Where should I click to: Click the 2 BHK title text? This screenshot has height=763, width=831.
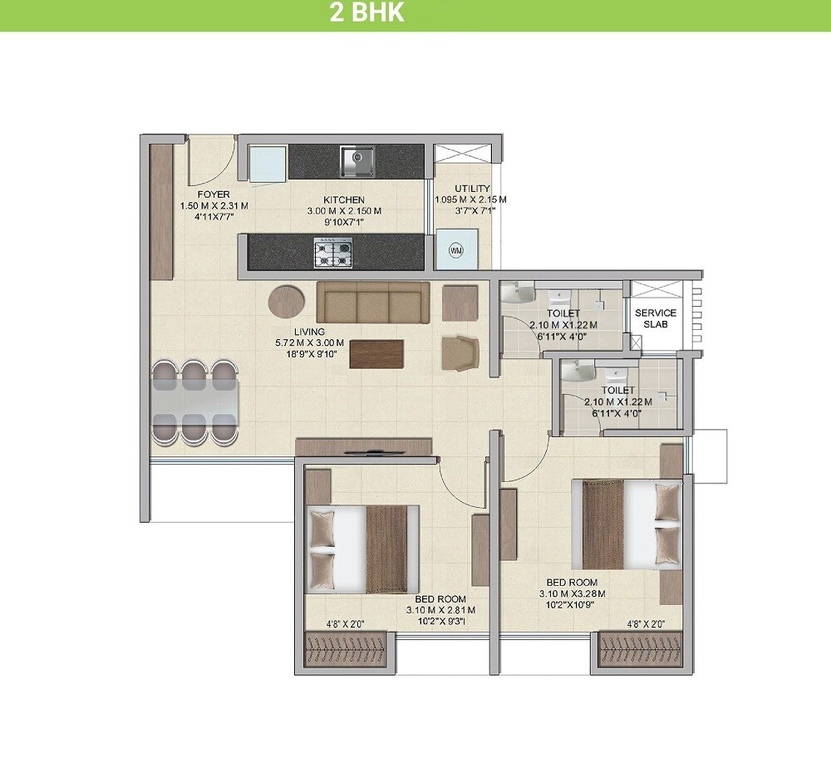point(366,12)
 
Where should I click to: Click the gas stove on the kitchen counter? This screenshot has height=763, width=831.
point(332,252)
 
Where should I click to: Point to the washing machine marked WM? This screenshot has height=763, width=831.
point(455,250)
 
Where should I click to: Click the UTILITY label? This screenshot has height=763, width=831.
point(472,189)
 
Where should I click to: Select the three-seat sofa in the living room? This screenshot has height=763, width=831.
point(373,302)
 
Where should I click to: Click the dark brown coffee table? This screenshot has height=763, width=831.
point(376,353)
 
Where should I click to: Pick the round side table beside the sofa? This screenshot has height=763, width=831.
point(286,302)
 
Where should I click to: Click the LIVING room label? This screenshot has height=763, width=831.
point(309,332)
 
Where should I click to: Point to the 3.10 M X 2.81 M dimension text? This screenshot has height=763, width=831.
point(436,609)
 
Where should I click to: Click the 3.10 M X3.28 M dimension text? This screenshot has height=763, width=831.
point(572,593)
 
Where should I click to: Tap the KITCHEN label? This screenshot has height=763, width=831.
point(344,200)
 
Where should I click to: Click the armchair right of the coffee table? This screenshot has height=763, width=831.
point(460,352)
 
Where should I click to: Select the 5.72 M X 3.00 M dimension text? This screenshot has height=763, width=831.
point(310,342)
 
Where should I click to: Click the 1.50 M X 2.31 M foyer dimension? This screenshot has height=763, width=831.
point(214,206)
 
